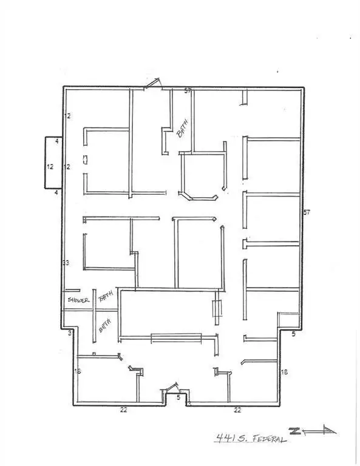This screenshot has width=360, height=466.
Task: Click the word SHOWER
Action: (x=78, y=300)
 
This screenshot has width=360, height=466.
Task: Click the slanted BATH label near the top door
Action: (x=182, y=129)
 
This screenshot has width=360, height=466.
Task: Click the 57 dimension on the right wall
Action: (x=307, y=212)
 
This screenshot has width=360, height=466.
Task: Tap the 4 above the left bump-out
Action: (x=56, y=141)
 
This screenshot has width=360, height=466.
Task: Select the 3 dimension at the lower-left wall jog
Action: (x=70, y=333)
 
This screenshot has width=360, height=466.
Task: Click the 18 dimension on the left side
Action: (x=78, y=371)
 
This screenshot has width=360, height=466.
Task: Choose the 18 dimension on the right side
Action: (x=284, y=371)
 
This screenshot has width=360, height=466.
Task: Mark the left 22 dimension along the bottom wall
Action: (x=124, y=410)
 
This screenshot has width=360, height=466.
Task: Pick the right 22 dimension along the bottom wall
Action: (x=237, y=410)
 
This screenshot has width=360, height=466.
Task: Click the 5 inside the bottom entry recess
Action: (x=178, y=398)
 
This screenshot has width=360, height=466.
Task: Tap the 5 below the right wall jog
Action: (x=293, y=334)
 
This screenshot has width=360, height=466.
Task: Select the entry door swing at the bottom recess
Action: (x=172, y=387)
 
